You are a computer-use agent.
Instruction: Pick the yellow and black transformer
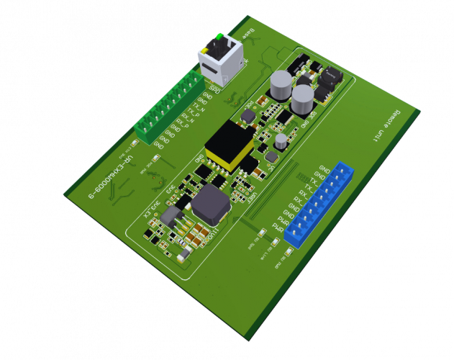(x=230, y=147)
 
